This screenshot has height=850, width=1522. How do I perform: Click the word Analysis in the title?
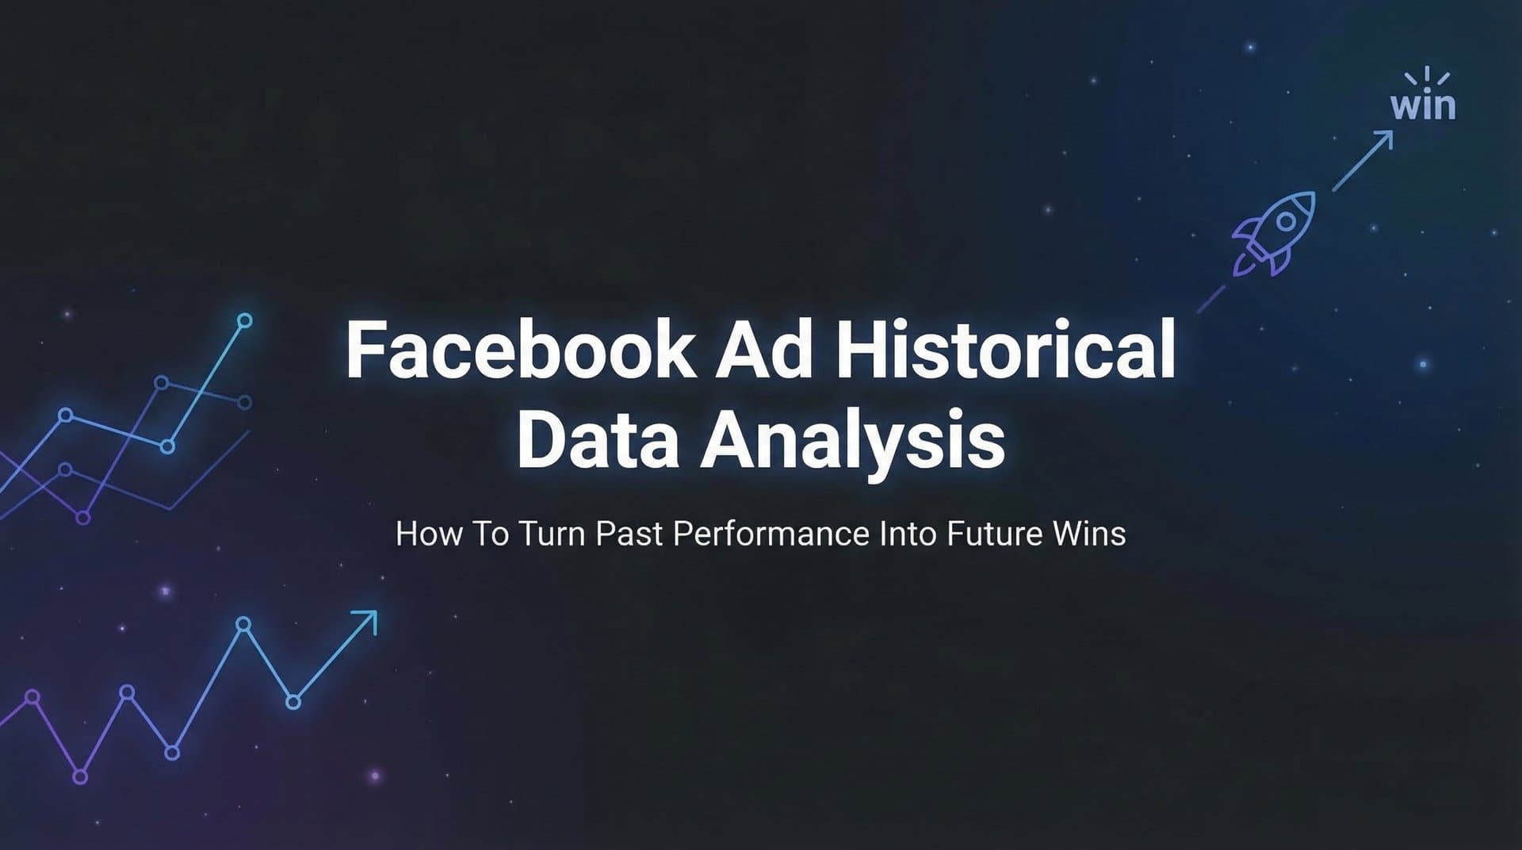coord(852,442)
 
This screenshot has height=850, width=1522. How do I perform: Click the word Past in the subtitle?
coord(629,534)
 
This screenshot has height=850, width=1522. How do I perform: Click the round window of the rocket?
coord(1286,220)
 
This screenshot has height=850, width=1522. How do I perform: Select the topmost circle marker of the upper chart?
coord(245,320)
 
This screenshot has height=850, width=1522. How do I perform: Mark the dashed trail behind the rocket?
coord(1210,299)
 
